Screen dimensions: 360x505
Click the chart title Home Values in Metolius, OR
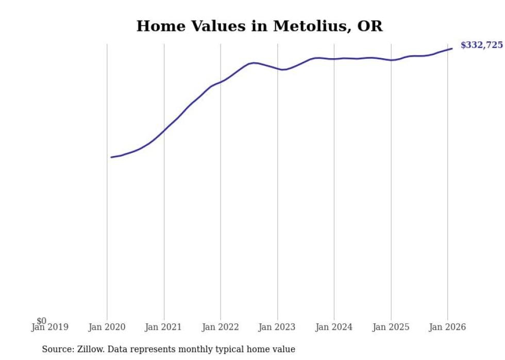259,26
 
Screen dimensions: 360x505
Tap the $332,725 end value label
481,45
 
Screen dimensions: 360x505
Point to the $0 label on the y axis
41,321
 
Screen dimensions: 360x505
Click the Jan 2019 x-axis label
49,328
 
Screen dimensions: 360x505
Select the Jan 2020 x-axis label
107,328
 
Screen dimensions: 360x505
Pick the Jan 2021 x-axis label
164,328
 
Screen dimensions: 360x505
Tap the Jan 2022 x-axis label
221,328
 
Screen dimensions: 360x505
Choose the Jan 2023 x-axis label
277,328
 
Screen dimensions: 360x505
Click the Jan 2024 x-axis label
334,328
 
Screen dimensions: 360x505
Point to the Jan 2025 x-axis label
391,328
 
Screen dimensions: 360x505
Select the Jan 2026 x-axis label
447,328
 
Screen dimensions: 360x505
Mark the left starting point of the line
111,157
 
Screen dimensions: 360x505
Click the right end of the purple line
452,49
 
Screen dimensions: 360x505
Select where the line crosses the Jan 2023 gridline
277,68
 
